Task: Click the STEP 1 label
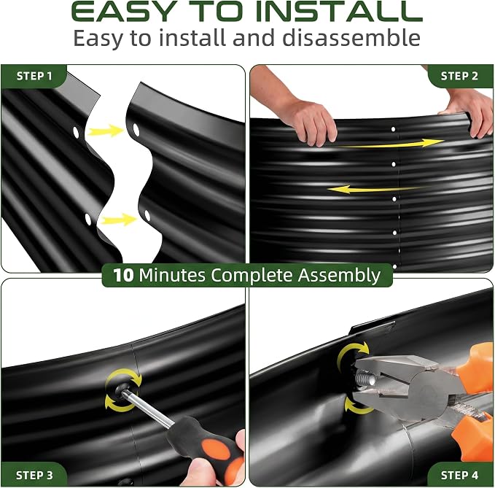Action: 34,76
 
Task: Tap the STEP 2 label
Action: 459,76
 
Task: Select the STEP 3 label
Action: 34,476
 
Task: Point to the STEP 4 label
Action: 459,475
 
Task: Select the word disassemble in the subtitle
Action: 351,38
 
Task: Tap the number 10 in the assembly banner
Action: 123,275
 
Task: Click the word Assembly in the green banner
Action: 339,276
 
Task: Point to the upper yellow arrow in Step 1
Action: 104,131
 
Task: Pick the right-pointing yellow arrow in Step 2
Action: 391,144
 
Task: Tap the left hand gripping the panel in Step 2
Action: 311,122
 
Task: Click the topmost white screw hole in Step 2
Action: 394,129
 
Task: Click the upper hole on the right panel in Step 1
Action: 136,130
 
